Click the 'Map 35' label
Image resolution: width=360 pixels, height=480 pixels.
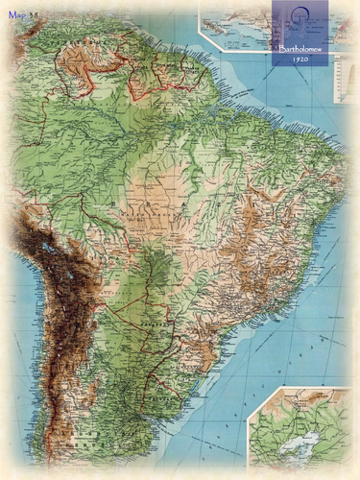click(x=22, y=15)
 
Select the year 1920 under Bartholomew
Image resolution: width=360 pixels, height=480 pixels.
click(x=300, y=59)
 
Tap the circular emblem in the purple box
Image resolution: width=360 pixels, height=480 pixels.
click(x=300, y=20)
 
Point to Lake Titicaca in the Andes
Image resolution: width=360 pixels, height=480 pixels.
click(x=47, y=252)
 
